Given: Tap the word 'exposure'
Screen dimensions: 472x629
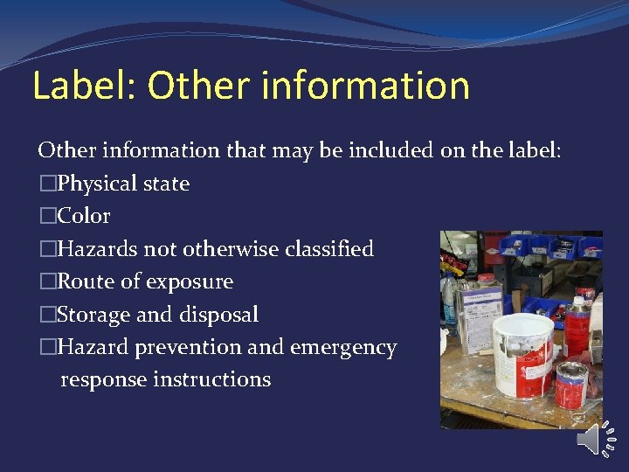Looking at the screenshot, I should (x=190, y=282).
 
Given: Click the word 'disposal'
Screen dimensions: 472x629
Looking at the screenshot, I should (x=218, y=315).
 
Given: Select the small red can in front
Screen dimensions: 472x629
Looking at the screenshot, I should (x=570, y=387).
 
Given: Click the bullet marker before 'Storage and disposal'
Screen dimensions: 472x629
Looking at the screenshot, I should (x=46, y=315).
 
